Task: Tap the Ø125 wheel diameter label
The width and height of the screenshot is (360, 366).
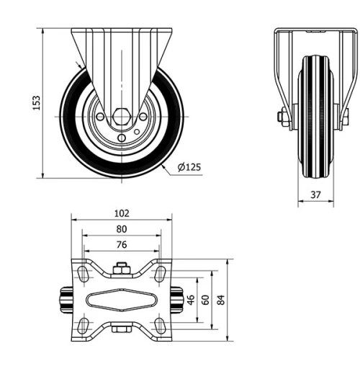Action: pos(189,167)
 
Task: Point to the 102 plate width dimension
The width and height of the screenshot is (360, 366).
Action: pos(122,213)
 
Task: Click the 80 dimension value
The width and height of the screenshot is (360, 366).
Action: pos(122,229)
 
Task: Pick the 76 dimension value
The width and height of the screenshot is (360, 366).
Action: pos(122,245)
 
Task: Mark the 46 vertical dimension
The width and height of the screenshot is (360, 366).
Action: pos(192,299)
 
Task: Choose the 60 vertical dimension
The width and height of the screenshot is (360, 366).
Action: pos(205,299)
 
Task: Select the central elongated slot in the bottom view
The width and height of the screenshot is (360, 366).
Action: pos(121,300)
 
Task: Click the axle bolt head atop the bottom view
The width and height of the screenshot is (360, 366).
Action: pos(121,269)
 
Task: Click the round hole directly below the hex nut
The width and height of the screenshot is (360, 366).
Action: pos(121,133)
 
